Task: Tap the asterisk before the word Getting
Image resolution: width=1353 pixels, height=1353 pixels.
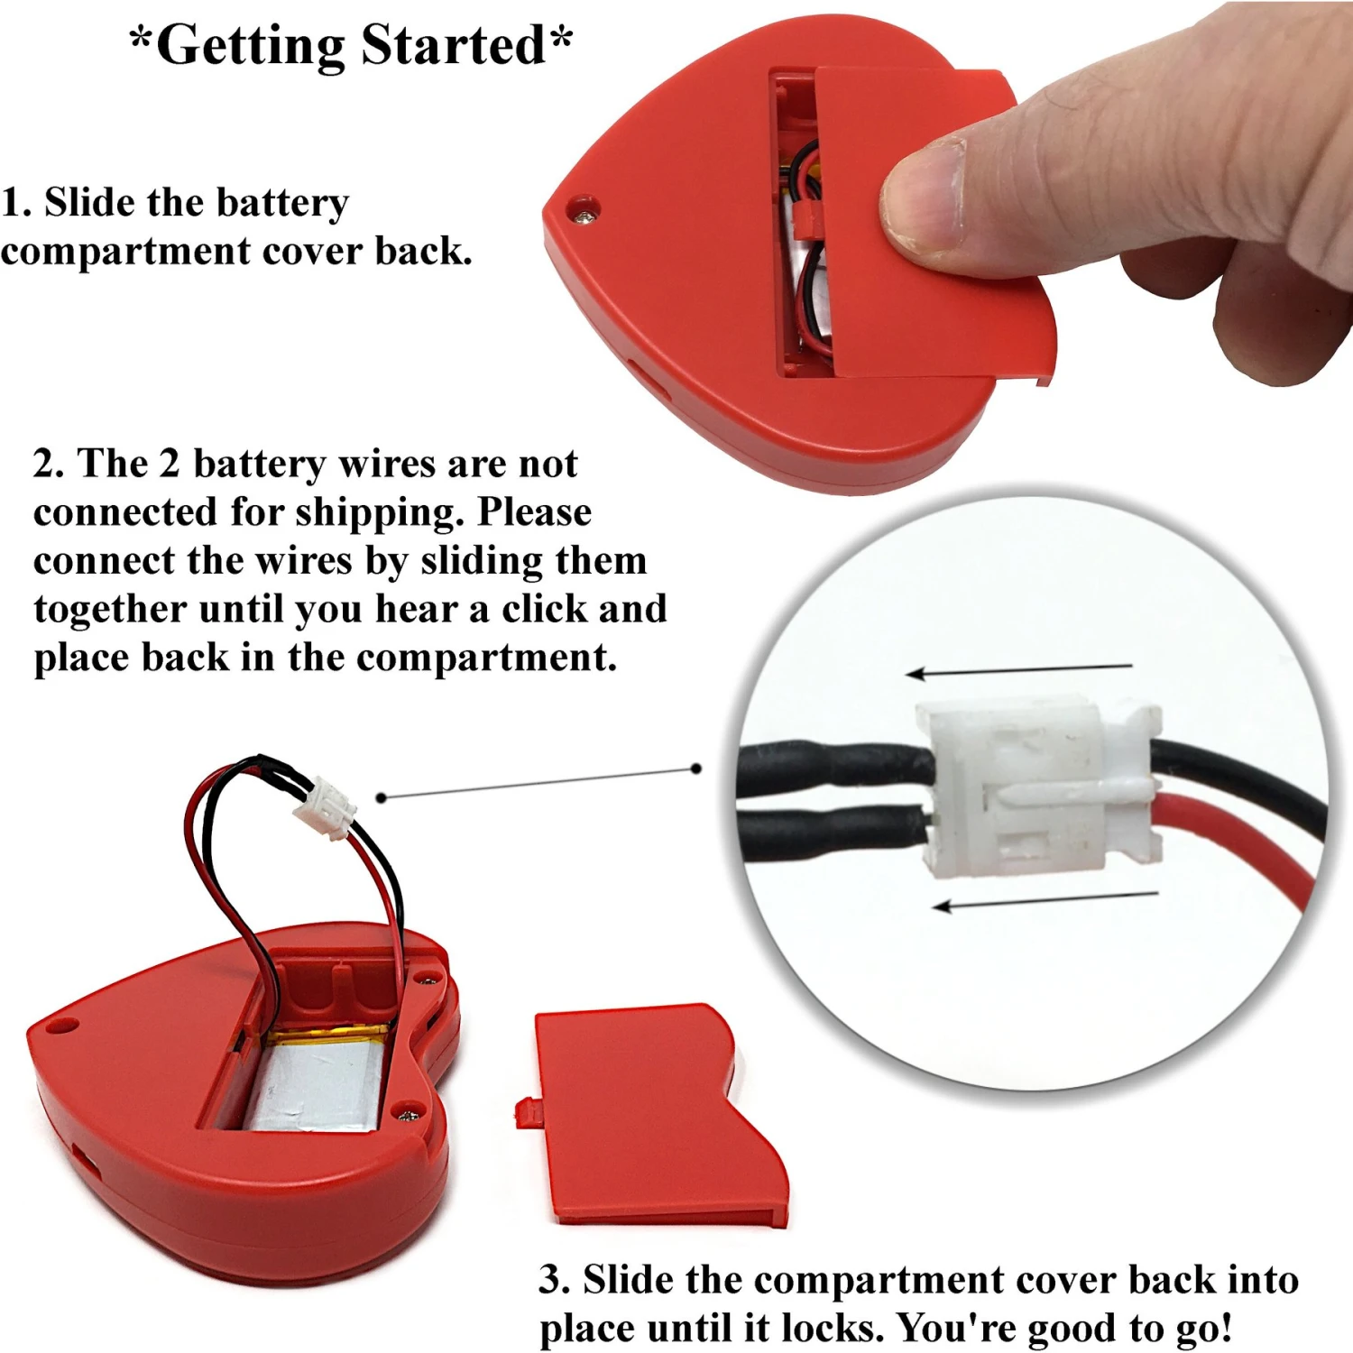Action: (x=141, y=41)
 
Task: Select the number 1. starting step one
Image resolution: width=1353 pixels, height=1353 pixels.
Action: (x=15, y=203)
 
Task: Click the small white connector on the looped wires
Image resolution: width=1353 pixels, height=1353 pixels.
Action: (x=325, y=807)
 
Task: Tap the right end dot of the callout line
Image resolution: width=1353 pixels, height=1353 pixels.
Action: (x=695, y=769)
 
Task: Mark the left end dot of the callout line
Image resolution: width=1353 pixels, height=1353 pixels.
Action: (x=382, y=797)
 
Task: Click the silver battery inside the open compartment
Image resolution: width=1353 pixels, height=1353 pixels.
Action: (x=316, y=1082)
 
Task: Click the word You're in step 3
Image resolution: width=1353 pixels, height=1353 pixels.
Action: (x=956, y=1328)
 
